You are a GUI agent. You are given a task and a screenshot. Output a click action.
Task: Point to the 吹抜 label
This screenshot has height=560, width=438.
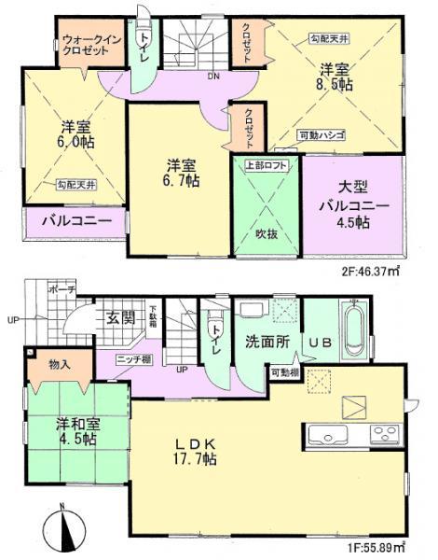[268, 234]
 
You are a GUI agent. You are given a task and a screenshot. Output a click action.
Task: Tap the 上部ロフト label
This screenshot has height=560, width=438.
[267, 165]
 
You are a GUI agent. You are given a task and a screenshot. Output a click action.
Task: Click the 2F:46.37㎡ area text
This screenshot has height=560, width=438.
[376, 272]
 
